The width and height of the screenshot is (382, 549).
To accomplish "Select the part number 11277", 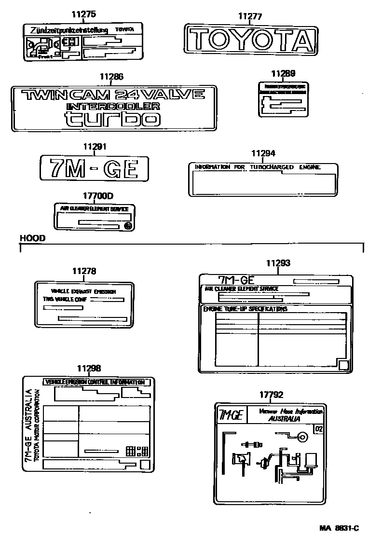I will click(x=250, y=16).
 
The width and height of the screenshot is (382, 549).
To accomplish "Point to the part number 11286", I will click(x=111, y=76).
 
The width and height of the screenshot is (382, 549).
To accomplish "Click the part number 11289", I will click(x=283, y=73).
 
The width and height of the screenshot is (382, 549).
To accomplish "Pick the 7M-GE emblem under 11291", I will click(x=94, y=169).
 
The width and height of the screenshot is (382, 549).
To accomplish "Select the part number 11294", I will click(x=263, y=153).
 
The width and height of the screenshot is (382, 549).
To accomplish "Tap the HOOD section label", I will click(x=32, y=238).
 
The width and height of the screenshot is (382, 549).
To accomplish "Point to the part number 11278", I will click(x=84, y=272).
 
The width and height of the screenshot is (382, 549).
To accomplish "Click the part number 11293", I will click(x=278, y=263).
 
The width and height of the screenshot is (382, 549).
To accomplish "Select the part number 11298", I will click(x=89, y=368).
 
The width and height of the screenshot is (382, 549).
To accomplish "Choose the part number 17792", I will click(x=271, y=395).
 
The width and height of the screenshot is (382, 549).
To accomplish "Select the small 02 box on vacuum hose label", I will click(x=318, y=428).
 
